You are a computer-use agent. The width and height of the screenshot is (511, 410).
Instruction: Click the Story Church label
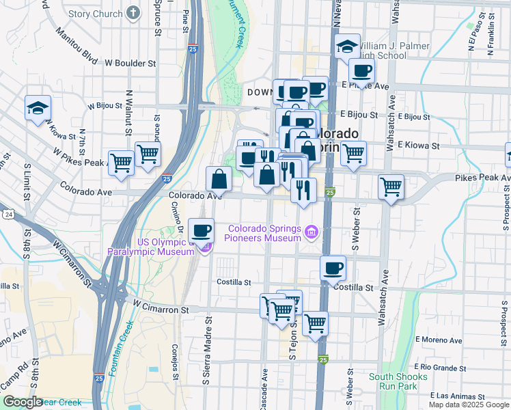[x=96, y=14]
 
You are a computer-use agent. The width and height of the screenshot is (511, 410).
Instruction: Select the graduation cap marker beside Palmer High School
[x=348, y=46]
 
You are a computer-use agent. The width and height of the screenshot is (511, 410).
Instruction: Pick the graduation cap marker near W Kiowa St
[x=38, y=107]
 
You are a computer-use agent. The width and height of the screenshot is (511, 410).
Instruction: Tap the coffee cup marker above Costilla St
[x=333, y=267]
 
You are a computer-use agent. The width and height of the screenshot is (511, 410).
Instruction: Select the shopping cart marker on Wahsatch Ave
[x=391, y=186]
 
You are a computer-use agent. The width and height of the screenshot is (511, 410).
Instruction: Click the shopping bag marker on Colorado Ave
[x=219, y=179]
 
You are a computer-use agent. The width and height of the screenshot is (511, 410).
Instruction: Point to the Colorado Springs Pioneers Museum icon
[x=312, y=233]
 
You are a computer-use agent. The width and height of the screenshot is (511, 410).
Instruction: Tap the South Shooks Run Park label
[x=398, y=381]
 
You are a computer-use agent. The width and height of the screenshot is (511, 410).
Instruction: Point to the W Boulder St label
[x=130, y=63]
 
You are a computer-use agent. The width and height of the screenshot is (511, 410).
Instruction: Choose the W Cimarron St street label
[x=161, y=310]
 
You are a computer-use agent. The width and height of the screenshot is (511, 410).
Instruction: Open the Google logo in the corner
[x=23, y=402]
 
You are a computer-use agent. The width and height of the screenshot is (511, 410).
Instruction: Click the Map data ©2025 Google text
[x=468, y=405]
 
